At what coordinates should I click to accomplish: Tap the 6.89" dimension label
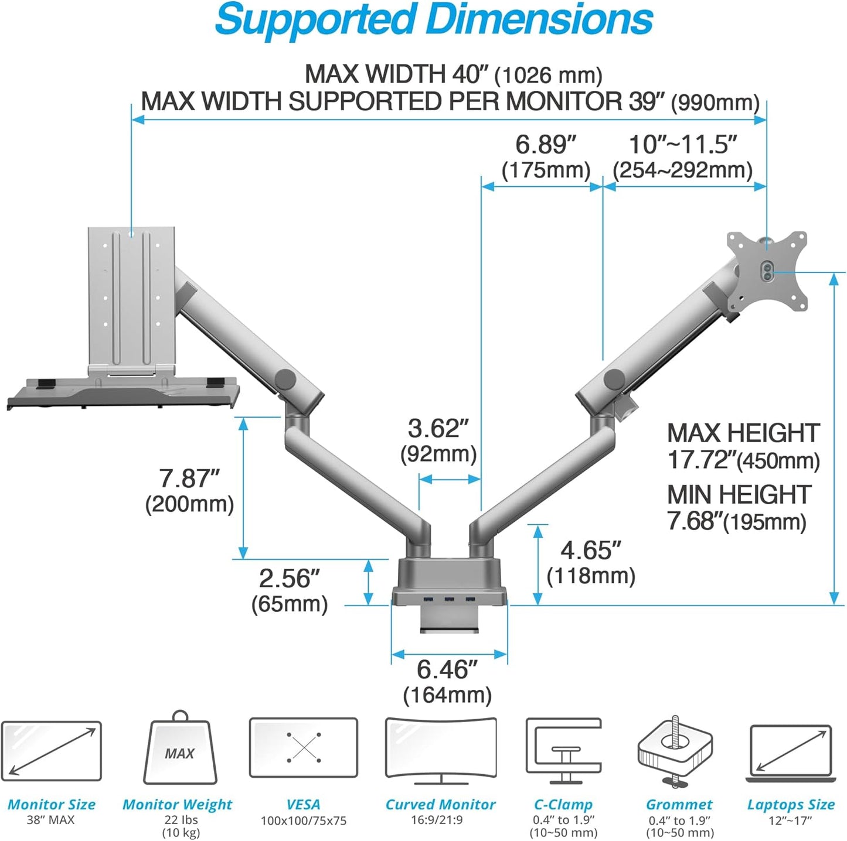546,145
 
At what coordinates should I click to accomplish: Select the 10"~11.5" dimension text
682,145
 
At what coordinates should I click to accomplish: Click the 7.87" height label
189,478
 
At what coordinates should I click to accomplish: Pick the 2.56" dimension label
290,579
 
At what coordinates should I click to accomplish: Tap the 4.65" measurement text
590,551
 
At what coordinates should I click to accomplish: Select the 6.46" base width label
447,669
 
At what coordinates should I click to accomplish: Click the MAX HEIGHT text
743,433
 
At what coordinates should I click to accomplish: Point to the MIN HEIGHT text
739,495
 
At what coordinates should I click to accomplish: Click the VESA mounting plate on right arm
767,271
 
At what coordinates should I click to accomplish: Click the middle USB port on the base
450,599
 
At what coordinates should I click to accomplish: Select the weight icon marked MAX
180,750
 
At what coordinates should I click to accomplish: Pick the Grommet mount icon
675,750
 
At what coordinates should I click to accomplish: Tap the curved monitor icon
441,750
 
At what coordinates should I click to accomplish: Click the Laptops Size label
791,805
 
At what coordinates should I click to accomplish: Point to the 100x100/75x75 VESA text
304,821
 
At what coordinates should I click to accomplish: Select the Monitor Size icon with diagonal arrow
52,750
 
